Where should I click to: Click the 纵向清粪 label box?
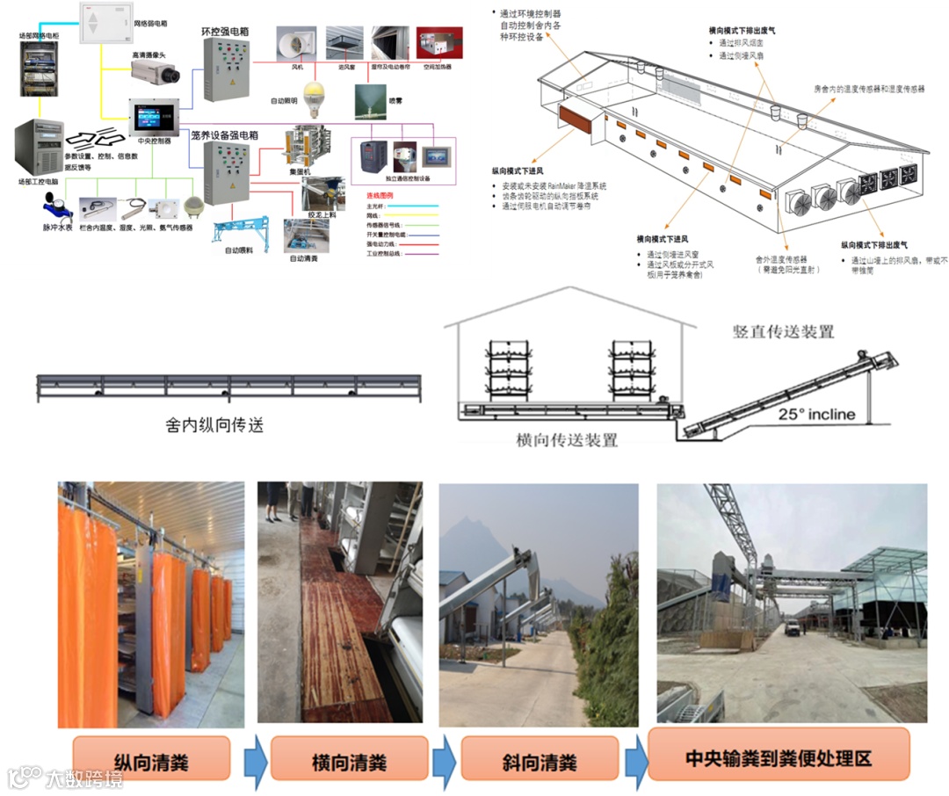[151, 759]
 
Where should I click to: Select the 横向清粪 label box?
[349, 759]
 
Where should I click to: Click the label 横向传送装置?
[566, 439]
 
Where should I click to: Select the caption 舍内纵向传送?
[214, 425]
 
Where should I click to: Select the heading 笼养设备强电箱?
[224, 135]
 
